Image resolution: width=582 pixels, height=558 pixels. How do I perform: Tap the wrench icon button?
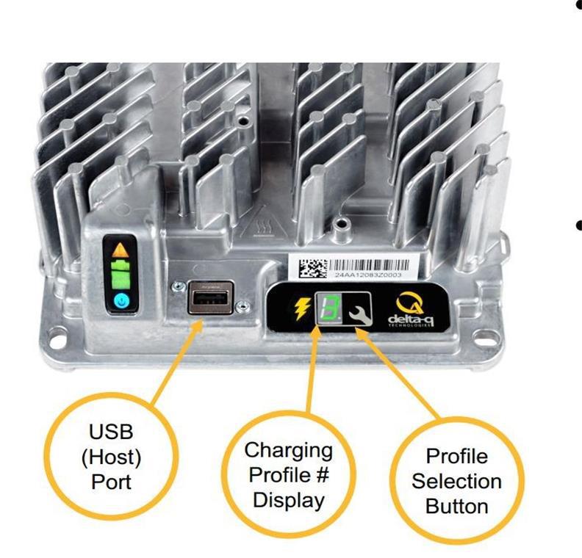pyautogui.click(x=358, y=309)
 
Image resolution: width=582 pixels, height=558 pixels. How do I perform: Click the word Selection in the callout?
pyautogui.click(x=456, y=481)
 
